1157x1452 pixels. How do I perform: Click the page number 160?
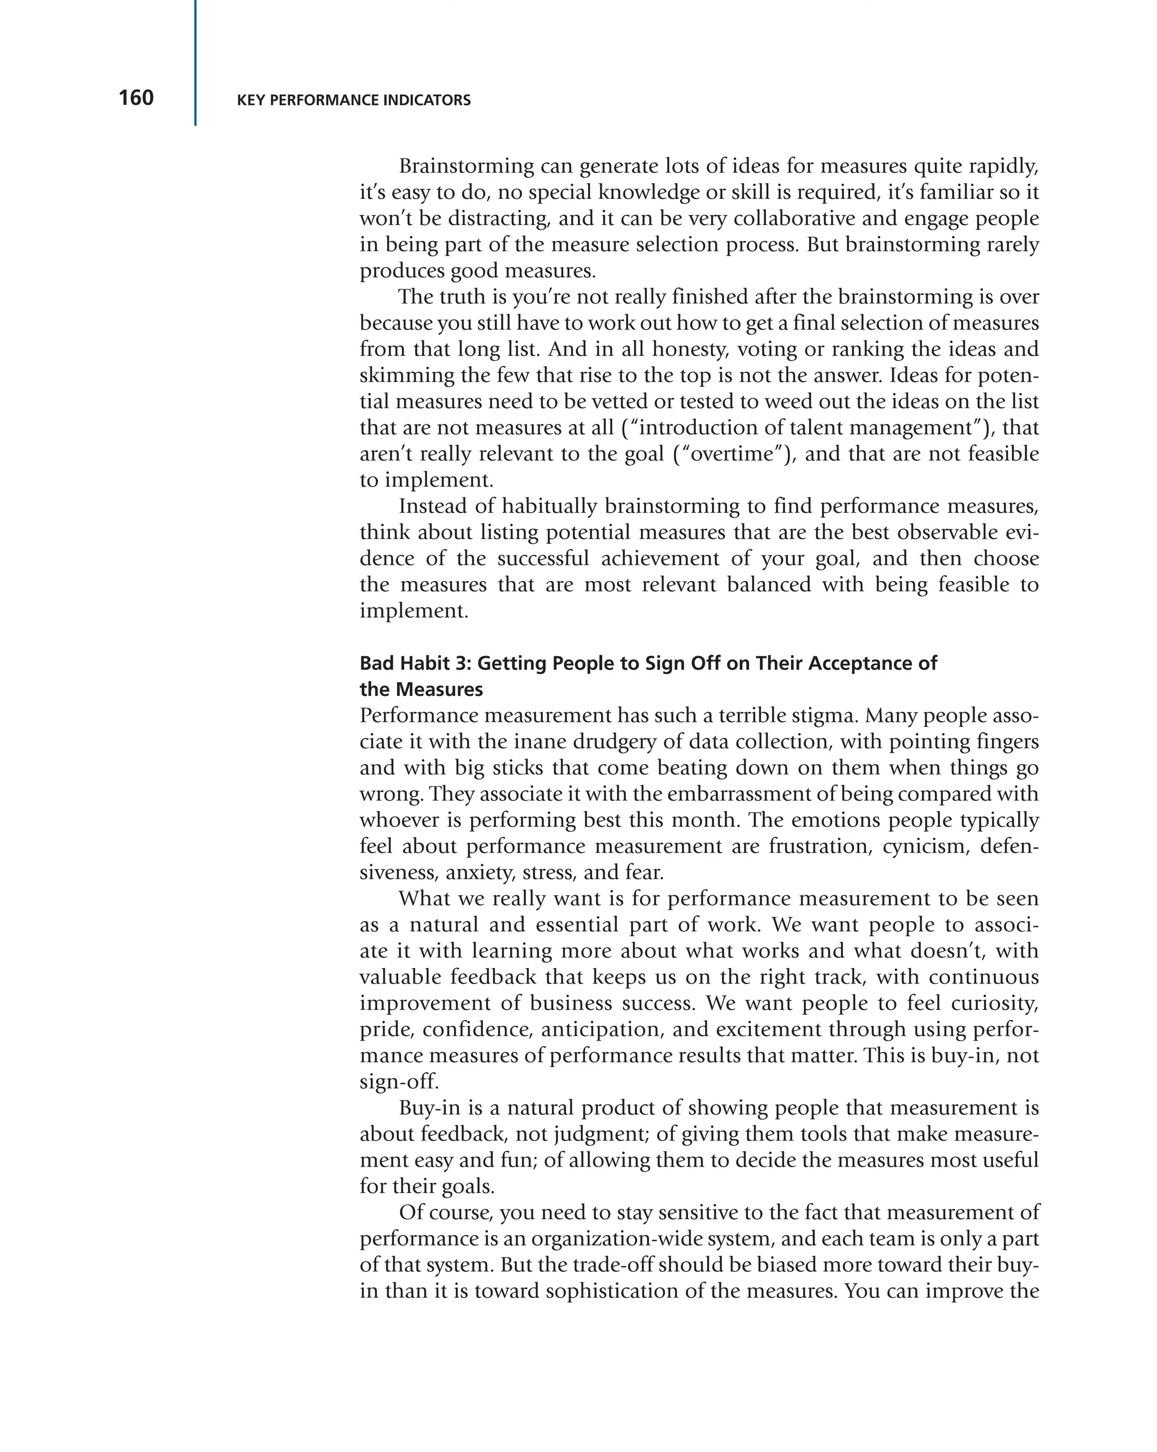(x=136, y=98)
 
